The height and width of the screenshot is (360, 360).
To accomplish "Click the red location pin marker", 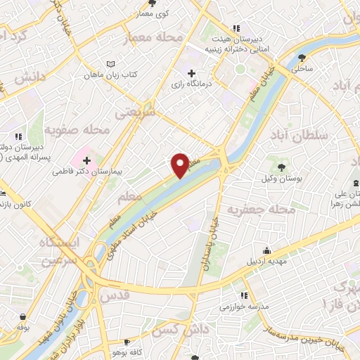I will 181,165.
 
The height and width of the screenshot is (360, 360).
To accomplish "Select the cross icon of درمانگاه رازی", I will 191,73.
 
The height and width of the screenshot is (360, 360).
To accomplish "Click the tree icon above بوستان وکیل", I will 281,167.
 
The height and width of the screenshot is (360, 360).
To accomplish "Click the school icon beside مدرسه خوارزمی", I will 244,296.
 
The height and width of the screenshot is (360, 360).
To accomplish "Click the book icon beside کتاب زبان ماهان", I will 110,63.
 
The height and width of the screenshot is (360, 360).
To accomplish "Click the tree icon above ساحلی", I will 302,58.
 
